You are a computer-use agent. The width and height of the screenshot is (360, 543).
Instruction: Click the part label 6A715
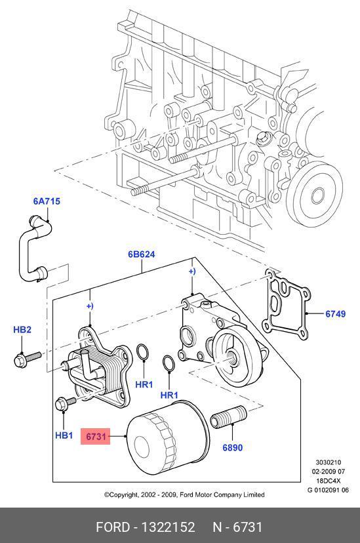coord(47,201)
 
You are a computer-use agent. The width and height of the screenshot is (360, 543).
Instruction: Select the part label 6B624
coord(142,254)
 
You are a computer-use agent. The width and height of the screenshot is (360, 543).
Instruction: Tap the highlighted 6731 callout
coord(96,436)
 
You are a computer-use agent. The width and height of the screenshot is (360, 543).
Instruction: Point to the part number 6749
coord(336,313)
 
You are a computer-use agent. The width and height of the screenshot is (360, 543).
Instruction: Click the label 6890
coord(232,448)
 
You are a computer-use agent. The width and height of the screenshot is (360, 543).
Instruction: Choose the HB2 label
coord(22,329)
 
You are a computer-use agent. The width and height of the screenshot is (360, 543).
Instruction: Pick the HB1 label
coord(64,435)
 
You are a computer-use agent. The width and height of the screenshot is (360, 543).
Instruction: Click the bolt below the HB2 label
coord(28,359)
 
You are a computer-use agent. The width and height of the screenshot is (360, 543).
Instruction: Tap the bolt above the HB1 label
coord(66,403)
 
